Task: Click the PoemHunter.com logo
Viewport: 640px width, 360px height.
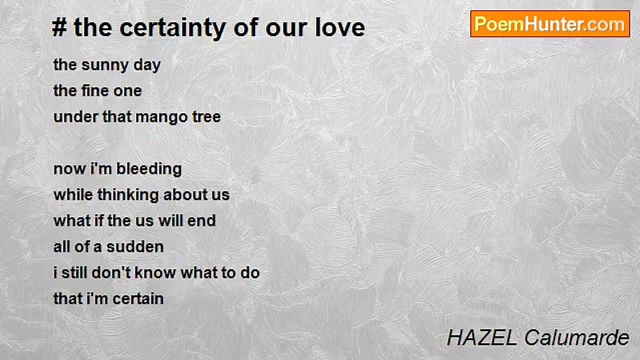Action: pyautogui.click(x=550, y=24)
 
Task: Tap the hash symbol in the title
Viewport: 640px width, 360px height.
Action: pyautogui.click(x=59, y=27)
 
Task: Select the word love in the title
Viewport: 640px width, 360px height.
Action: pyautogui.click(x=340, y=27)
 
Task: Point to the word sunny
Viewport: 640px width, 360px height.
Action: pyautogui.click(x=105, y=65)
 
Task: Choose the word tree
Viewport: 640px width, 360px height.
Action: pyautogui.click(x=206, y=117)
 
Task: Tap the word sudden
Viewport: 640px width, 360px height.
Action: pyautogui.click(x=135, y=247)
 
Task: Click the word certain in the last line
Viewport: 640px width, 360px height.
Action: pyautogui.click(x=138, y=299)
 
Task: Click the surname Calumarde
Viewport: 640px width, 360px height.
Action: pyautogui.click(x=577, y=337)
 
